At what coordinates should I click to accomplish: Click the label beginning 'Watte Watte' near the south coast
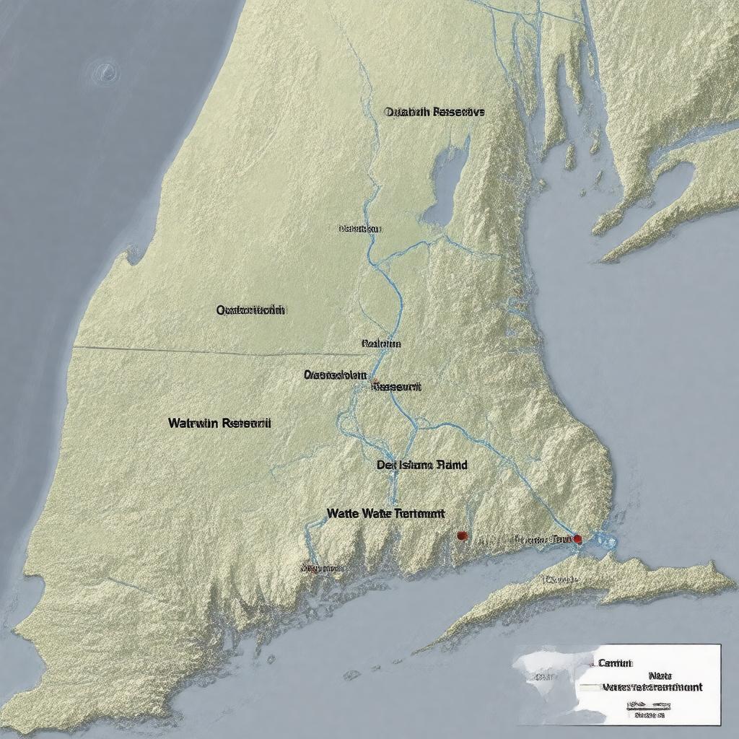(x=385, y=513)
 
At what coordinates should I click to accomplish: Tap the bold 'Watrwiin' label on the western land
(x=219, y=424)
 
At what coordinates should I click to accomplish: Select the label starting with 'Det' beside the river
(x=421, y=465)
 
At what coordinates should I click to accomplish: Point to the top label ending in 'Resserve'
(x=434, y=112)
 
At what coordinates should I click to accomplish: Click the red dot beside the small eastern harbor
(x=577, y=538)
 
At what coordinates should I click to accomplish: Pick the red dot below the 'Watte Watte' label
(x=462, y=535)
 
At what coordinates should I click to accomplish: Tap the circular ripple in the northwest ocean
(x=106, y=71)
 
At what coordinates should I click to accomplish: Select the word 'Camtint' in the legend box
(x=615, y=663)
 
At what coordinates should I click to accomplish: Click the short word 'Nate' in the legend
(x=660, y=675)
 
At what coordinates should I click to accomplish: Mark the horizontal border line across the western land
(x=217, y=352)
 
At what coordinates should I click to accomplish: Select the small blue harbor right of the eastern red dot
(x=605, y=540)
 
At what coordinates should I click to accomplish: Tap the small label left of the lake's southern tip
(x=359, y=229)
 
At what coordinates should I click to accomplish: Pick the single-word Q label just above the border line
(x=250, y=310)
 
